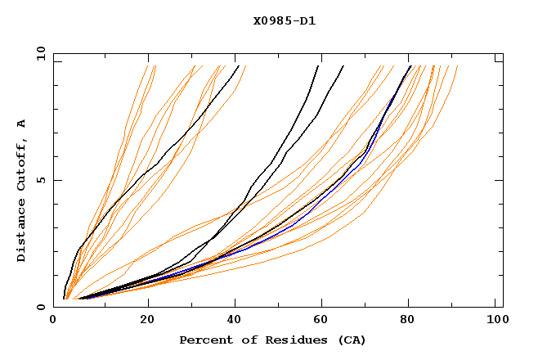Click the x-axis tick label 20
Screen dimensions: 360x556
pos(148,321)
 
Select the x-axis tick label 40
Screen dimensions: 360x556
pos(236,321)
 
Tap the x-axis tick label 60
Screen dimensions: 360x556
pos(325,321)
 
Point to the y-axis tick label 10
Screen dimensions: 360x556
pos(40,53)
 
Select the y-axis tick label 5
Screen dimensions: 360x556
pos(43,180)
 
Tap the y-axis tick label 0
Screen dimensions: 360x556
pos(43,307)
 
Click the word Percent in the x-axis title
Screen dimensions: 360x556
pos(204,340)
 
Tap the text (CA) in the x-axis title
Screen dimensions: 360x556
pos(352,340)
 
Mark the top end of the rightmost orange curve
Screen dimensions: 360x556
pos(457,66)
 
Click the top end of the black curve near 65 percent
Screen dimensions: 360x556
pos(343,66)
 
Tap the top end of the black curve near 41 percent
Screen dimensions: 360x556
pos(238,66)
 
